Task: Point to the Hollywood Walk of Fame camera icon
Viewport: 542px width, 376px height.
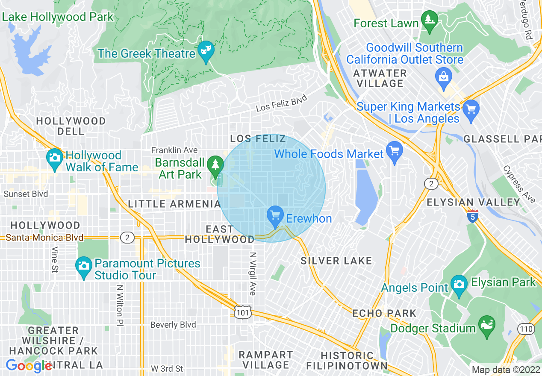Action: (x=54, y=158)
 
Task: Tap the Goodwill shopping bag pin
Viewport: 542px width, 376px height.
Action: (x=444, y=77)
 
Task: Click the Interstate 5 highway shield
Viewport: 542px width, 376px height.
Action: (x=472, y=216)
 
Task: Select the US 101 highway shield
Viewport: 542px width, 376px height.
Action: (x=242, y=312)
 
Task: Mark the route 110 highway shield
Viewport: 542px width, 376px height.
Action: (x=525, y=329)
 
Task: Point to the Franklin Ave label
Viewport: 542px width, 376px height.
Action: (x=174, y=150)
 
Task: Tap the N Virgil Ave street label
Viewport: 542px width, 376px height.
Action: (x=252, y=273)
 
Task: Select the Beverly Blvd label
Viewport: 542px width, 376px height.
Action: (x=173, y=325)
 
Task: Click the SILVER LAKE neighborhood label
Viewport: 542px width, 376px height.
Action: (x=336, y=261)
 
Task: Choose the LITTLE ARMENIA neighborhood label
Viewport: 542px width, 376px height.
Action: (x=174, y=204)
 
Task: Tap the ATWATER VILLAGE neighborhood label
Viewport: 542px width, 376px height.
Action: (x=380, y=78)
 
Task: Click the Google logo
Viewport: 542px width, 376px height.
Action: (x=29, y=366)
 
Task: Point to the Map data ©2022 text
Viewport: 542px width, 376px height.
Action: (x=505, y=370)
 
